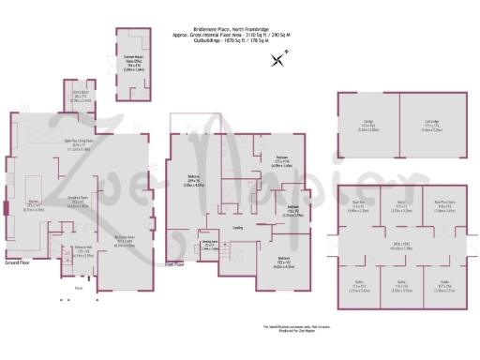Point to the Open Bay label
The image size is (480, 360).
coord(357,201)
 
